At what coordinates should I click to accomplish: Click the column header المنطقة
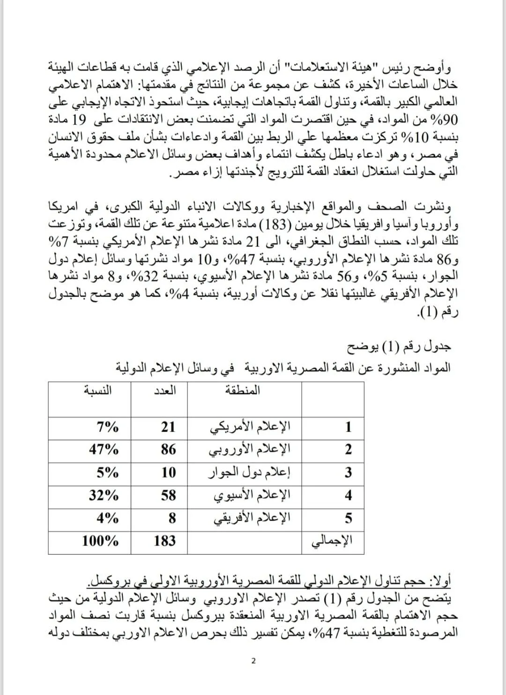tap(242, 390)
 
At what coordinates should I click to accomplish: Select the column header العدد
tap(165, 390)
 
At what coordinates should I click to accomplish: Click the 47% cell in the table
tap(104, 449)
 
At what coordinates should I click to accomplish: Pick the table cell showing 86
tap(168, 449)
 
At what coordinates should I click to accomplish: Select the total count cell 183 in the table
tap(164, 541)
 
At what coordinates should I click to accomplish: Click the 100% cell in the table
tap(100, 541)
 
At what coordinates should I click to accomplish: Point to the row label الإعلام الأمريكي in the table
tap(250, 427)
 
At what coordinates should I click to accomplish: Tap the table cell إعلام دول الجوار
tap(249, 472)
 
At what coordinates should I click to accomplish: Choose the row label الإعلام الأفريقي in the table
tap(250, 518)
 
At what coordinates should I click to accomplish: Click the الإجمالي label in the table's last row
tap(332, 541)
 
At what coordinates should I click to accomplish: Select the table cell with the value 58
tap(168, 495)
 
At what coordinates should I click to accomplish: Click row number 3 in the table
tap(348, 472)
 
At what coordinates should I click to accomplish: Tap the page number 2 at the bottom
tap(253, 661)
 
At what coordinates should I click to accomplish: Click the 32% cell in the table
tap(104, 495)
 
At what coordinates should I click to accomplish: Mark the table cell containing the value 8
tap(172, 518)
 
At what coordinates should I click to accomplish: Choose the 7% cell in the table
tap(107, 427)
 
